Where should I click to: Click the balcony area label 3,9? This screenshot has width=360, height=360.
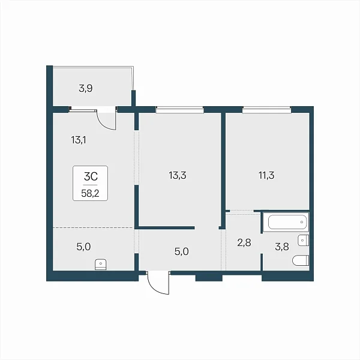pos(86,88)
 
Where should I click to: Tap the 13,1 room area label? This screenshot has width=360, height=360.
pos(79,140)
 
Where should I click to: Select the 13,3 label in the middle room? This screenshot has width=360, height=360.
pos(178,175)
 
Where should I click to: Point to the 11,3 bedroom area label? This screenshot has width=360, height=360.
pos(266,175)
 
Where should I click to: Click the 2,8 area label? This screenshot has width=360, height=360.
pos(244,242)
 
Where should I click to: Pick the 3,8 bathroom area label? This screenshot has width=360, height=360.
pos(282,247)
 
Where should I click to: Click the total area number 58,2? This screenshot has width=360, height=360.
pos(90,194)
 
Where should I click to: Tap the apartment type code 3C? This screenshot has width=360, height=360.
pos(91,176)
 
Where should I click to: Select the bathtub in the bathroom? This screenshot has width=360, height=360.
pos(287,222)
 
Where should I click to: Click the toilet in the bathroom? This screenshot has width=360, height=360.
pos(301,260)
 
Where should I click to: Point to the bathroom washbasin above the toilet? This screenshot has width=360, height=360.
pos(303,241)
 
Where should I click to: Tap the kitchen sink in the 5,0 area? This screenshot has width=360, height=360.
pos(101,265)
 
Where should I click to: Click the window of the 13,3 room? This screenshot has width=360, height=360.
pos(180,110)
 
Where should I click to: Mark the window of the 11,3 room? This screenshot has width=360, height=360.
pos(266,110)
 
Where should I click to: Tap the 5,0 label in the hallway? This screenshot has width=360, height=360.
pos(181,251)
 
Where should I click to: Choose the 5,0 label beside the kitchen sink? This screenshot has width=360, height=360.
pos(83,247)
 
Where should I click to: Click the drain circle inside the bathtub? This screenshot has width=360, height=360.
pos(302,222)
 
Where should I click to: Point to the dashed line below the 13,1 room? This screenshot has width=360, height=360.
pos(93,228)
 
